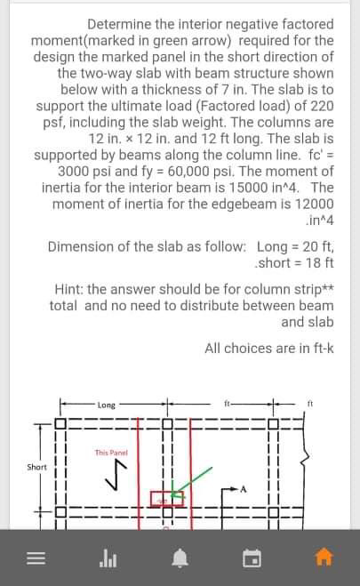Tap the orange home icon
[324, 558]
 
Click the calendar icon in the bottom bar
[252, 558]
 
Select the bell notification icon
[180, 558]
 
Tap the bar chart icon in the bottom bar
[108, 558]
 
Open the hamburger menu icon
[36, 558]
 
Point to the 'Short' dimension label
[36, 466]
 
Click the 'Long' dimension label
[107, 405]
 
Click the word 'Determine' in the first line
[123, 24]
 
